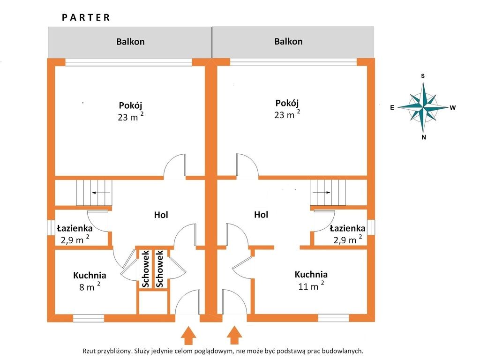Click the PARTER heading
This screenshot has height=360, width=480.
[x=86, y=18]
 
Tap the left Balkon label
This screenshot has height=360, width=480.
[x=130, y=41]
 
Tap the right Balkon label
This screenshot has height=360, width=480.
[x=288, y=41]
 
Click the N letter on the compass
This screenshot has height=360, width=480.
[x=424, y=137]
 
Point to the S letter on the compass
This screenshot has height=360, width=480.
[x=423, y=76]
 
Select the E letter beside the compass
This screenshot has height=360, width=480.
[x=392, y=107]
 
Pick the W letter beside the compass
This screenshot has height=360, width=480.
[x=453, y=108]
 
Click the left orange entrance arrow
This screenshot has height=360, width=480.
[x=188, y=336]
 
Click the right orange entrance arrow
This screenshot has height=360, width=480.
[x=234, y=336]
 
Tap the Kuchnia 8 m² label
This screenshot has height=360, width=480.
[x=89, y=281]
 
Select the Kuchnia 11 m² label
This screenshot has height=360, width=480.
[x=311, y=280]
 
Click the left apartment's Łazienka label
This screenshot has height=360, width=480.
[x=75, y=234]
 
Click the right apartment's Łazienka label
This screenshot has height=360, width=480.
[x=347, y=234]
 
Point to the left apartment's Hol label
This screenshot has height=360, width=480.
[x=161, y=215]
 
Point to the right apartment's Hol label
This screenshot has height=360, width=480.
[x=261, y=215]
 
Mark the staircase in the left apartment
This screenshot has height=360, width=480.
[x=94, y=193]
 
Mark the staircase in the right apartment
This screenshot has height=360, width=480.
[x=328, y=192]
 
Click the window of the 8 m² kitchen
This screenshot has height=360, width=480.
[x=89, y=318]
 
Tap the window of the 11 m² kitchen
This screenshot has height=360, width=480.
[x=333, y=317]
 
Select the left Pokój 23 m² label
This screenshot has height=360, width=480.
[x=130, y=111]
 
